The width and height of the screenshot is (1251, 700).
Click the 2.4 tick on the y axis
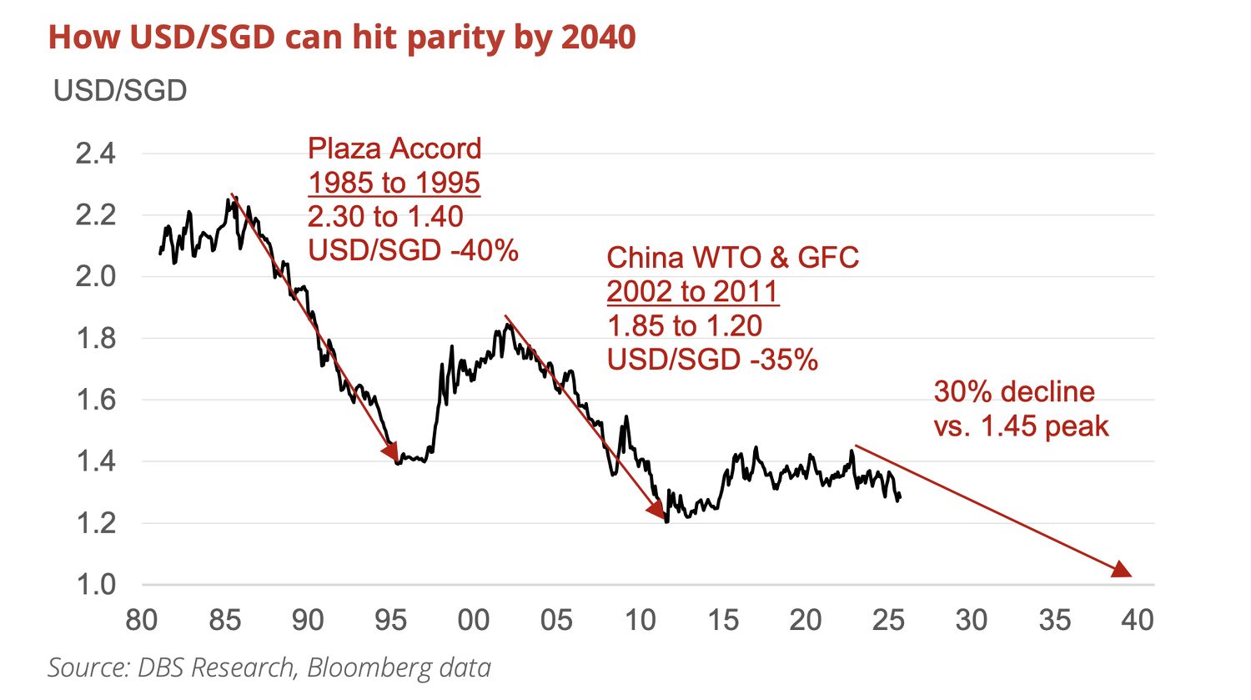pyautogui.click(x=95, y=154)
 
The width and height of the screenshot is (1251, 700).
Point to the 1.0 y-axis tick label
pyautogui.click(x=95, y=584)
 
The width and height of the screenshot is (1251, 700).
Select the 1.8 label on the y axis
pyautogui.click(x=95, y=339)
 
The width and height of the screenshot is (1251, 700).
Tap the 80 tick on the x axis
pyautogui.click(x=142, y=621)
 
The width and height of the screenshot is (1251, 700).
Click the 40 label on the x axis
pyautogui.click(x=1138, y=621)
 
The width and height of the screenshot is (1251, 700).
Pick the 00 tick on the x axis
pyautogui.click(x=474, y=621)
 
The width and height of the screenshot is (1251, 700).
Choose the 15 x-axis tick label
pyautogui.click(x=723, y=621)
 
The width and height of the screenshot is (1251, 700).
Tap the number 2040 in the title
pyautogui.click(x=598, y=38)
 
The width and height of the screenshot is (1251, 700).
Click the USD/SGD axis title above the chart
pyautogui.click(x=120, y=90)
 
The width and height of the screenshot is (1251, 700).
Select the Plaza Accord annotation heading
pyautogui.click(x=394, y=149)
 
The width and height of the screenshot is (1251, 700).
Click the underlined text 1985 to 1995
pyautogui.click(x=394, y=183)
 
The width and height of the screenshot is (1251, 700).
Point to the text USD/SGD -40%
pyautogui.click(x=413, y=250)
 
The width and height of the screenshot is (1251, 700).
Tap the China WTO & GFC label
pyautogui.click(x=732, y=258)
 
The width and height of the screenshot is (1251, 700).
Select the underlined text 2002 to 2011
pyautogui.click(x=692, y=292)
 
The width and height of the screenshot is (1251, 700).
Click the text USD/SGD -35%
pyautogui.click(x=712, y=360)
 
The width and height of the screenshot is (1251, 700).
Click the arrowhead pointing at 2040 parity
pyautogui.click(x=1123, y=570)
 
